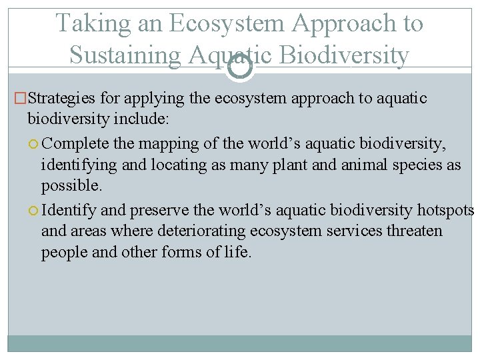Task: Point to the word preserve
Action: coord(159,211)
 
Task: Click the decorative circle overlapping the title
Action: coord(239,67)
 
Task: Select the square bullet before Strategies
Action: coord(20,99)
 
